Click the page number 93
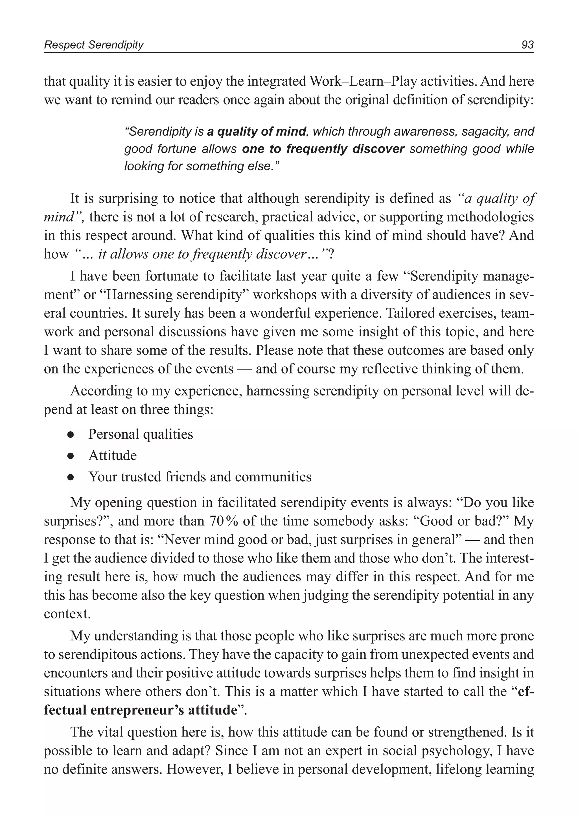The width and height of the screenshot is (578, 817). pyautogui.click(x=527, y=45)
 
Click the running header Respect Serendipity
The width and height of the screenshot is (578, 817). pyautogui.click(x=94, y=45)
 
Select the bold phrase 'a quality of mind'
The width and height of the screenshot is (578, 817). pyautogui.click(x=256, y=132)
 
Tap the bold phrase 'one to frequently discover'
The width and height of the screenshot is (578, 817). pyautogui.click(x=323, y=149)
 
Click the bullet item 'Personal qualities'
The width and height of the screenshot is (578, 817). pyautogui.click(x=140, y=434)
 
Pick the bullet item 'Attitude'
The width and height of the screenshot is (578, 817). pyautogui.click(x=113, y=456)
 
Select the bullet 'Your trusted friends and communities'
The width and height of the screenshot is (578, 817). pyautogui.click(x=200, y=477)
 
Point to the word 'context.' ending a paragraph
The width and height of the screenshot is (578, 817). pyautogui.click(x=67, y=614)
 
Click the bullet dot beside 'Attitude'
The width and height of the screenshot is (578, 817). pyautogui.click(x=71, y=456)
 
